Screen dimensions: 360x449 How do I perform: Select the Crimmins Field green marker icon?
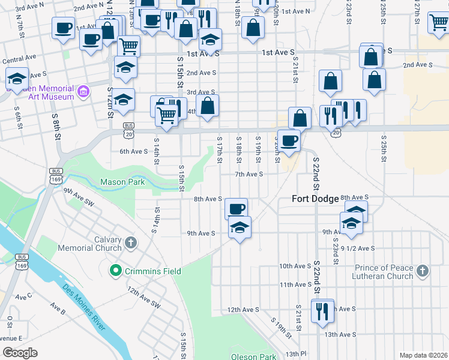tap(116, 271)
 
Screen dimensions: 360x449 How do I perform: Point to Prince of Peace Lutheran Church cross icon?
tap(423, 271)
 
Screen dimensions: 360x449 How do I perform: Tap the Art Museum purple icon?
tap(83, 92)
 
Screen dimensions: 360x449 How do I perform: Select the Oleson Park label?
tap(253, 356)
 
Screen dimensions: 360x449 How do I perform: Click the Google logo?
tap(20, 353)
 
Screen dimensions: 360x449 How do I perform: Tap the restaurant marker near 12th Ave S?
tap(322, 311)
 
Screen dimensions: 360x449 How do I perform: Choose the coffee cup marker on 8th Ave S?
tap(237, 209)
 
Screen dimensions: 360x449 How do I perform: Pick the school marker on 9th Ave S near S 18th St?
tap(240, 228)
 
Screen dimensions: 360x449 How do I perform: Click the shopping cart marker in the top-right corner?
tap(439, 23)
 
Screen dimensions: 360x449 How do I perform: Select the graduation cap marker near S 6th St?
tap(16, 79)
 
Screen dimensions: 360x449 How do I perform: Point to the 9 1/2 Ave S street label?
tap(357, 248)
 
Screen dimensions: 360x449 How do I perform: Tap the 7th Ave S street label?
tap(249, 174)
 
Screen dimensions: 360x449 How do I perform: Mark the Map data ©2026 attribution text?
tap(423, 355)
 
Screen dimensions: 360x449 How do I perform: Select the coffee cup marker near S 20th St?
tap(289, 141)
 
